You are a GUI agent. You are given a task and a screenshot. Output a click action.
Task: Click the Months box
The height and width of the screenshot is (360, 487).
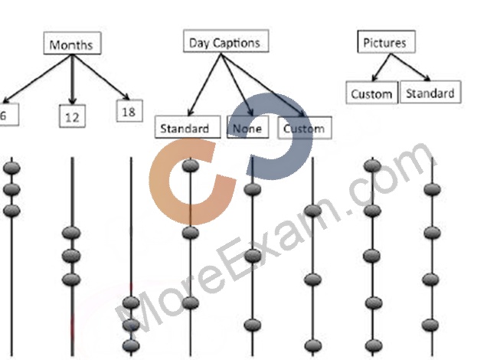click(72, 43)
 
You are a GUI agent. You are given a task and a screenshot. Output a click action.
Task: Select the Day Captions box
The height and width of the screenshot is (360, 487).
click(226, 41)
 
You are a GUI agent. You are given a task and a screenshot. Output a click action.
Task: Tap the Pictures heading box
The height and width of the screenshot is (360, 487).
click(386, 41)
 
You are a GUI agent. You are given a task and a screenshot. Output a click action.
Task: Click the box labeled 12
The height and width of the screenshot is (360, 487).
click(72, 116)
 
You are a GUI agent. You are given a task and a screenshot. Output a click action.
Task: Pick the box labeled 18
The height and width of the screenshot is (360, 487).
click(129, 111)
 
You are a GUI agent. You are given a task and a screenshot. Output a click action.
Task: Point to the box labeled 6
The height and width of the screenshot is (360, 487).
click(8, 115)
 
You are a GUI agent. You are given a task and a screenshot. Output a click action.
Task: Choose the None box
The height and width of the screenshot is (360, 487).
click(248, 126)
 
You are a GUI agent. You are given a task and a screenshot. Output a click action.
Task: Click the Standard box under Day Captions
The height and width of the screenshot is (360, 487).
click(188, 126)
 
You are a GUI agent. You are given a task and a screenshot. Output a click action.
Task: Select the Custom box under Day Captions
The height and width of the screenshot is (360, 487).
click(305, 128)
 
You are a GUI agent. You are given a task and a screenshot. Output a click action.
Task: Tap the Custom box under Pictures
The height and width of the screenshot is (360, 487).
click(372, 93)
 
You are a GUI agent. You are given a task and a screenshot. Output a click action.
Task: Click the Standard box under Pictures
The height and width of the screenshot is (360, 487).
click(430, 92)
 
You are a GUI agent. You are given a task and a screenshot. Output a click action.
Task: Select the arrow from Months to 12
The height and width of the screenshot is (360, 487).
click(73, 80)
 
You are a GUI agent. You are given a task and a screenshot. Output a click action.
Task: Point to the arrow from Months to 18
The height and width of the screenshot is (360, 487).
click(101, 77)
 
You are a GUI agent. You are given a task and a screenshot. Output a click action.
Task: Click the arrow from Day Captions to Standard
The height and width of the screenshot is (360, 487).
click(204, 84)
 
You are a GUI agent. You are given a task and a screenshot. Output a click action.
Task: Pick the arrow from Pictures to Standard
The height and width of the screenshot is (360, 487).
click(410, 67)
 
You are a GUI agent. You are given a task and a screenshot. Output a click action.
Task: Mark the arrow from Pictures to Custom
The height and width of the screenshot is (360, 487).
click(381, 67)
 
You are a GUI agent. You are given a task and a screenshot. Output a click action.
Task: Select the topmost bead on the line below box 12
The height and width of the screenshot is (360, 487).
click(71, 233)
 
